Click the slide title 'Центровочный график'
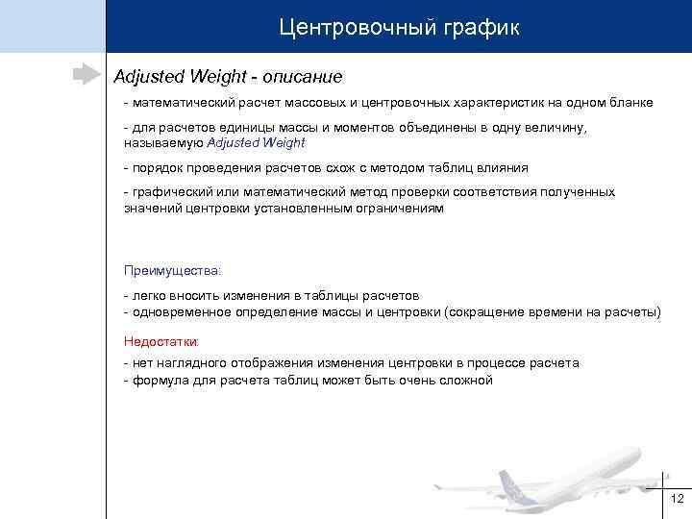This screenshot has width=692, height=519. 399,27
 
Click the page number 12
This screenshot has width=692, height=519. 677,498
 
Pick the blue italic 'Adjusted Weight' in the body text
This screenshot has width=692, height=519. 256,142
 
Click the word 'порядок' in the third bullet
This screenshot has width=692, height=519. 157,167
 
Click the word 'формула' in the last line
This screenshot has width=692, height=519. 160,380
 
